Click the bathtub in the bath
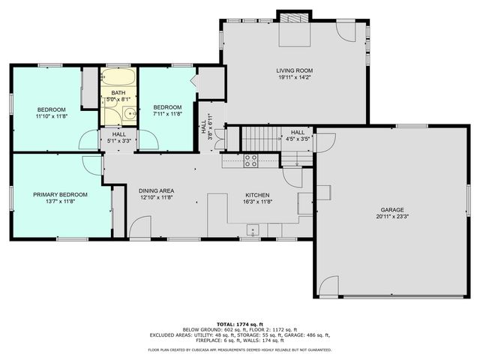(x=119, y=78)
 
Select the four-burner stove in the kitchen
(x=250, y=160)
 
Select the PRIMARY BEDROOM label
(x=60, y=194)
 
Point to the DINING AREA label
(x=156, y=190)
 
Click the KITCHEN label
(x=256, y=193)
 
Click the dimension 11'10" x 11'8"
(x=51, y=116)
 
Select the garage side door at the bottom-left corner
(x=328, y=286)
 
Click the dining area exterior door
(x=139, y=229)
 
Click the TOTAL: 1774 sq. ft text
(x=239, y=323)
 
